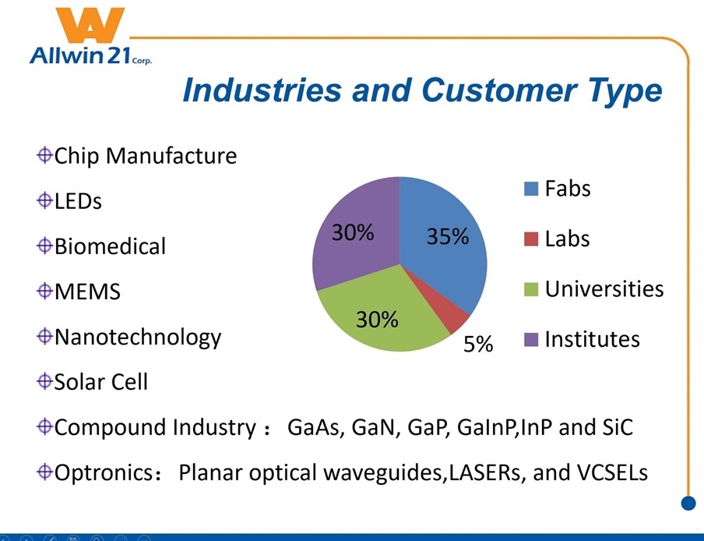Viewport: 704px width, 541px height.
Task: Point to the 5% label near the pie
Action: coord(478,345)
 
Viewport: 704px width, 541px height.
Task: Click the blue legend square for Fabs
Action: coord(531,189)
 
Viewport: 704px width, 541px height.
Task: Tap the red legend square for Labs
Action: coord(531,239)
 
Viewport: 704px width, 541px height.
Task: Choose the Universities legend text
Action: coord(604,289)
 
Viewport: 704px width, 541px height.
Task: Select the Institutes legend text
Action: coord(592,339)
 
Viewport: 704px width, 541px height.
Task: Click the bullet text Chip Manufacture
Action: coord(145,156)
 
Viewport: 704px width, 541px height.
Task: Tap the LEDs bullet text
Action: coord(78,201)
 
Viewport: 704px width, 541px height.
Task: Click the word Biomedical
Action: coord(110,246)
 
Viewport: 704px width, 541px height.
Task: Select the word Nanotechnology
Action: coord(138,338)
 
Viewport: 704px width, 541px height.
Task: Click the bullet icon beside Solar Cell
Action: coord(44,382)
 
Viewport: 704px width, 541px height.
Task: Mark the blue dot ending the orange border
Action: coord(688,503)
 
